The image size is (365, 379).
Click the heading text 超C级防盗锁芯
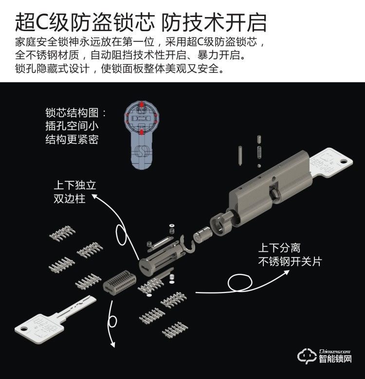(x=85, y=22)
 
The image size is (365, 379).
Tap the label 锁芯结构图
(x=72, y=113)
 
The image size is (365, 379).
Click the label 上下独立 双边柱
(x=75, y=192)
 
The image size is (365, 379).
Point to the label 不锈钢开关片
(x=290, y=261)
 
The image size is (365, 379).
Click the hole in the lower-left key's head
(x=24, y=329)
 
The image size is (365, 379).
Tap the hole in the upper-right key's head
(x=344, y=161)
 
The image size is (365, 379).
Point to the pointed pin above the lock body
(x=240, y=155)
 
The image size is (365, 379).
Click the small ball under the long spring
(x=259, y=166)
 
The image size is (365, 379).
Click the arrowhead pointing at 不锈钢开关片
(x=286, y=272)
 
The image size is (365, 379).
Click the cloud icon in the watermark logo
(x=307, y=356)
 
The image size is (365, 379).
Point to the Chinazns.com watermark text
(x=335, y=351)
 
